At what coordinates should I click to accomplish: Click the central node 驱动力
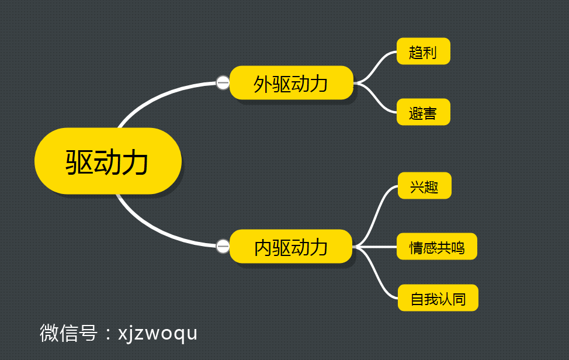click(x=108, y=161)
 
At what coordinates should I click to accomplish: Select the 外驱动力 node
click(x=291, y=83)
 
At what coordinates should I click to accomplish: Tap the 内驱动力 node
click(x=291, y=247)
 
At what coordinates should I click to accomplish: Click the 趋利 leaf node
click(x=423, y=51)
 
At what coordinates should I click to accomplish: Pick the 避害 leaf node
click(x=423, y=112)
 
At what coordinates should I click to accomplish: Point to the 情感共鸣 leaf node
click(x=437, y=247)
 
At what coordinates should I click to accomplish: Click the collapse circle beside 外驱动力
click(x=223, y=83)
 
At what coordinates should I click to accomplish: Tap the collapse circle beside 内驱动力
click(x=223, y=247)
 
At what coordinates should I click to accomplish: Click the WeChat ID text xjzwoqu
click(x=158, y=333)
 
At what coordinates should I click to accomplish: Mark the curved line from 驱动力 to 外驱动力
click(x=158, y=95)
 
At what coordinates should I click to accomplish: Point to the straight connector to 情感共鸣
click(x=377, y=247)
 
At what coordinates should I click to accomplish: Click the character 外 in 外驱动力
click(x=262, y=84)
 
